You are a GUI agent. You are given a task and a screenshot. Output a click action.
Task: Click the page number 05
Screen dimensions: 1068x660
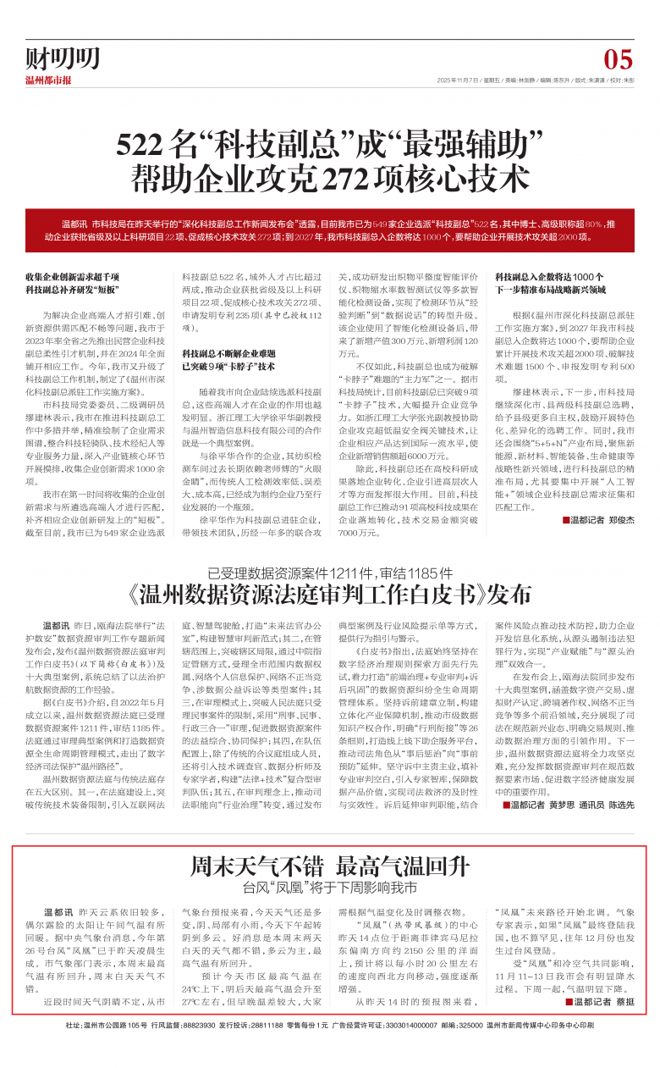619,59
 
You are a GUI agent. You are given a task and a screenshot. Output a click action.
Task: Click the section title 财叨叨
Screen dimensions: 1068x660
62,58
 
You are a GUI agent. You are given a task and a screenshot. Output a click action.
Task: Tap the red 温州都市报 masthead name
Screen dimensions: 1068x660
48,80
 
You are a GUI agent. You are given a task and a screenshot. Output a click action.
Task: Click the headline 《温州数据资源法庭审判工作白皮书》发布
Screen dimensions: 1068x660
330,569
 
